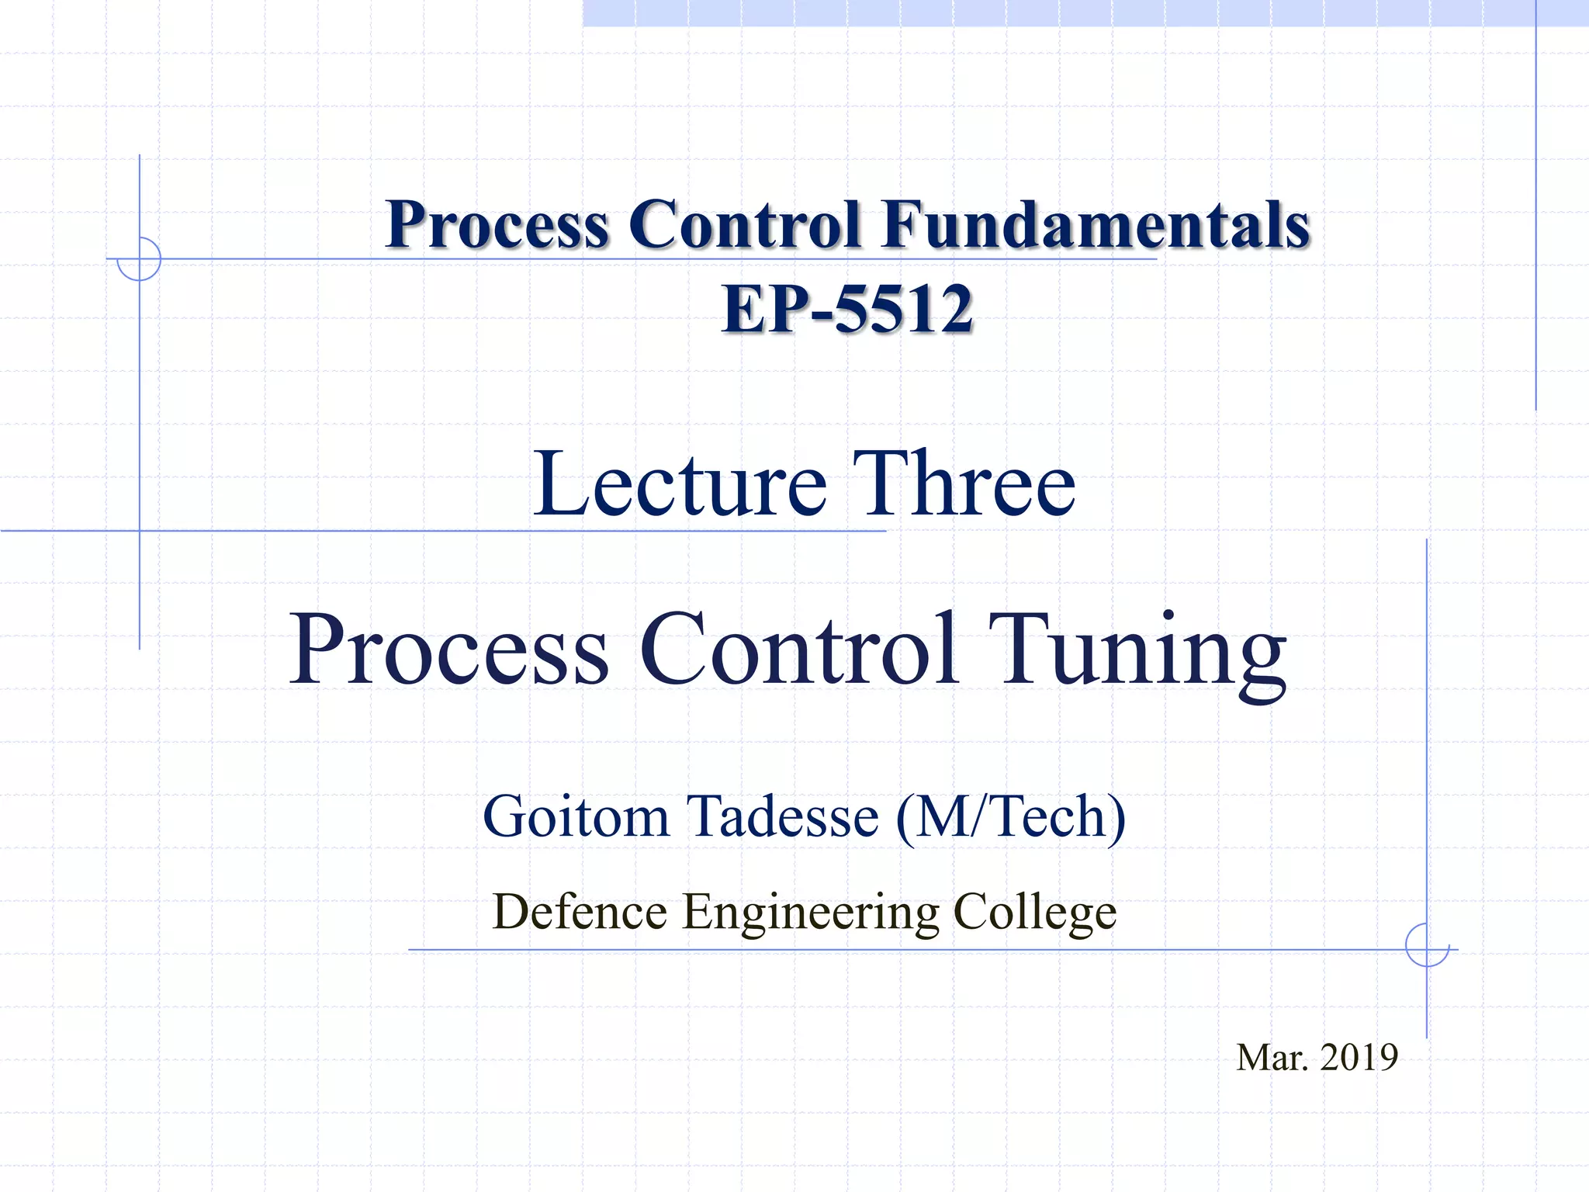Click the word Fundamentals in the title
[x=1096, y=225]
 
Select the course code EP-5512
[x=847, y=309]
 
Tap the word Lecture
[x=680, y=484]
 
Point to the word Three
[x=964, y=484]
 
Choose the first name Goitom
[x=576, y=817]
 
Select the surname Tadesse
[x=784, y=817]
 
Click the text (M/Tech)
[x=1010, y=817]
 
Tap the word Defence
[x=580, y=911]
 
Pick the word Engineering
[x=811, y=913]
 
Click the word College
[x=1034, y=913]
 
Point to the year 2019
[x=1359, y=1058]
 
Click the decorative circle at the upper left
[x=139, y=258]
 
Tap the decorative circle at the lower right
[x=1427, y=945]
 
